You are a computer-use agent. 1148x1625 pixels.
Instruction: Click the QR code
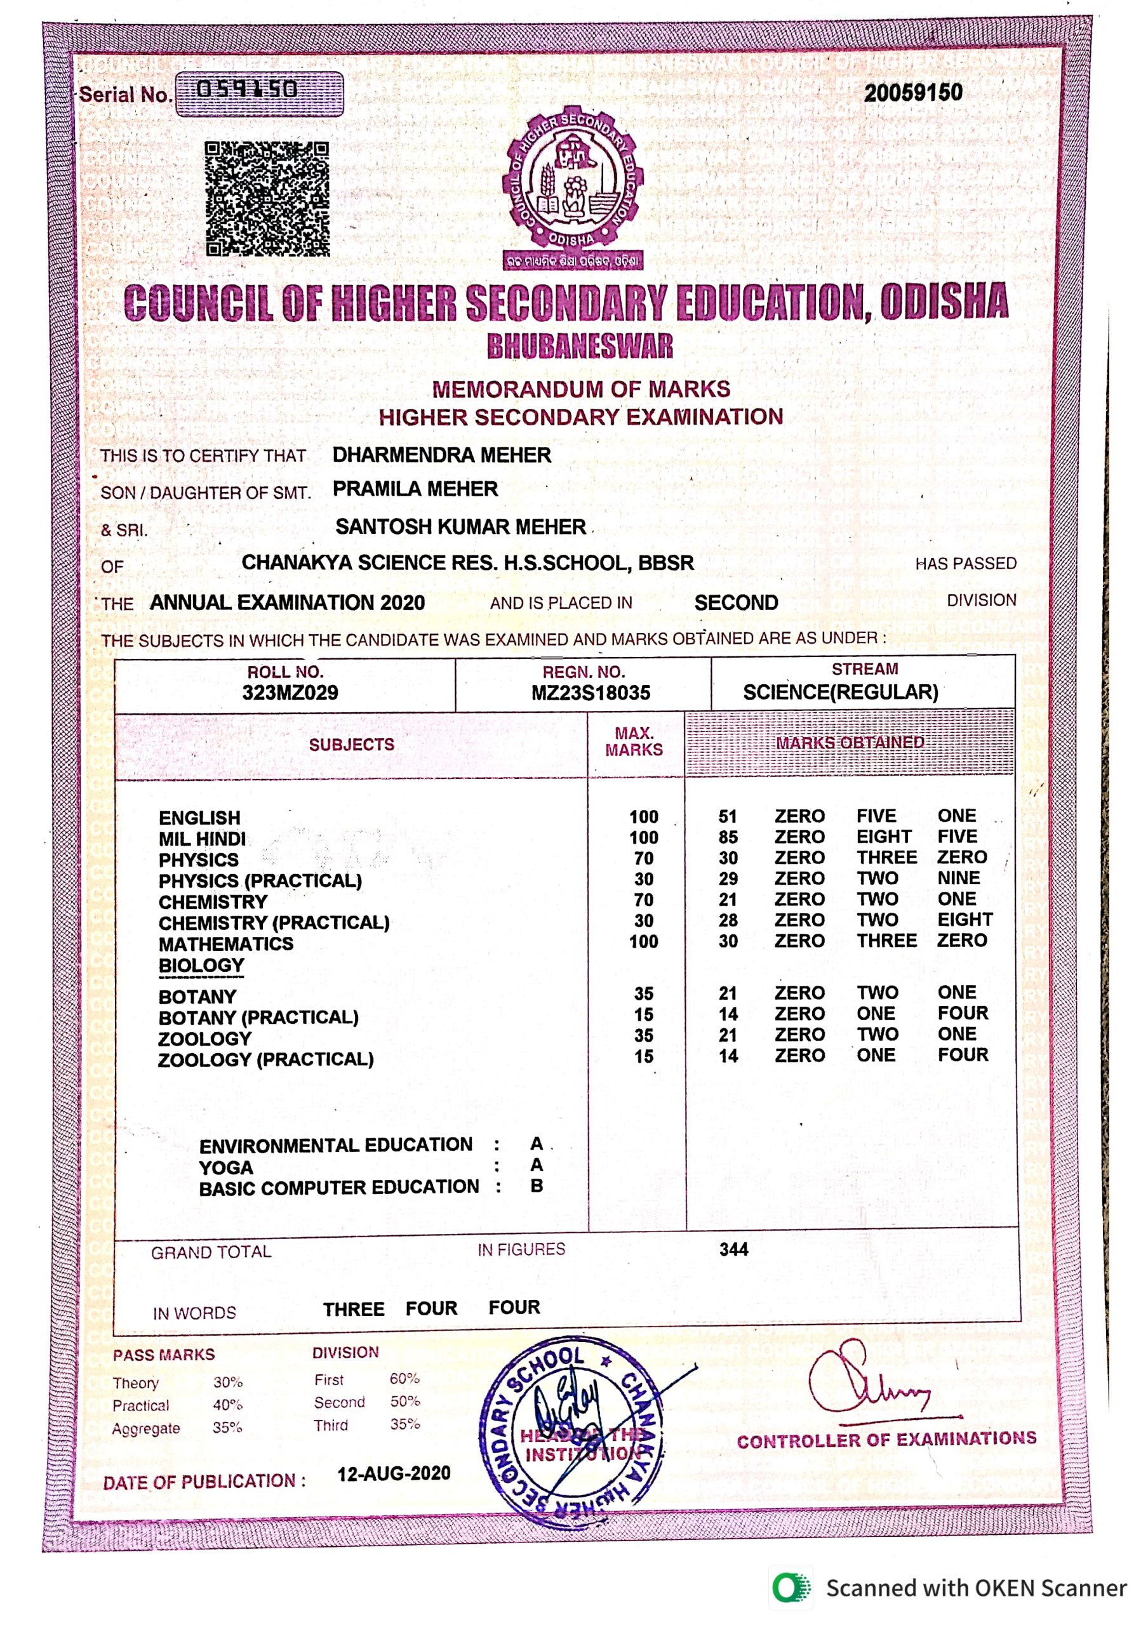point(267,199)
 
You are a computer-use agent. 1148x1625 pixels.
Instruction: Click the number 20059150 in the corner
point(912,93)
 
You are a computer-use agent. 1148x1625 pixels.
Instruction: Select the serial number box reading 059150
point(259,93)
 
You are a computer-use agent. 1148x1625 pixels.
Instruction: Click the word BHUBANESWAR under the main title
point(580,346)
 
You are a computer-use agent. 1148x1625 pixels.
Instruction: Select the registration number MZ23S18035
point(591,693)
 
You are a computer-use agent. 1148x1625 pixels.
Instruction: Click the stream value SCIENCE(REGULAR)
point(840,692)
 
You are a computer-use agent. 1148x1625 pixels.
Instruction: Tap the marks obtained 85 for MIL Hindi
point(728,837)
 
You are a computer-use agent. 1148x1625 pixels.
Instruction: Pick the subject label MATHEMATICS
point(226,943)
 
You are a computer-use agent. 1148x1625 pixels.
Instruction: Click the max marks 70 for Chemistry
point(643,900)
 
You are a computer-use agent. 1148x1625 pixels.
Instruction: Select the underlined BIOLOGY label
point(201,965)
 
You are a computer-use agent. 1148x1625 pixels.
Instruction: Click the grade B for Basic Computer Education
point(537,1186)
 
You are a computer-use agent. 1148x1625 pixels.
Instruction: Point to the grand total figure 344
point(733,1249)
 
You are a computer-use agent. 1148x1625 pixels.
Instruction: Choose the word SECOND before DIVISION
point(735,603)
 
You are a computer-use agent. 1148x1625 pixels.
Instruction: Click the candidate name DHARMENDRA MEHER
point(442,455)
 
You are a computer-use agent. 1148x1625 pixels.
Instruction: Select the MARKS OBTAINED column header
point(850,743)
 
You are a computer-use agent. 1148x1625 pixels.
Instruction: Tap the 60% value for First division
point(404,1379)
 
